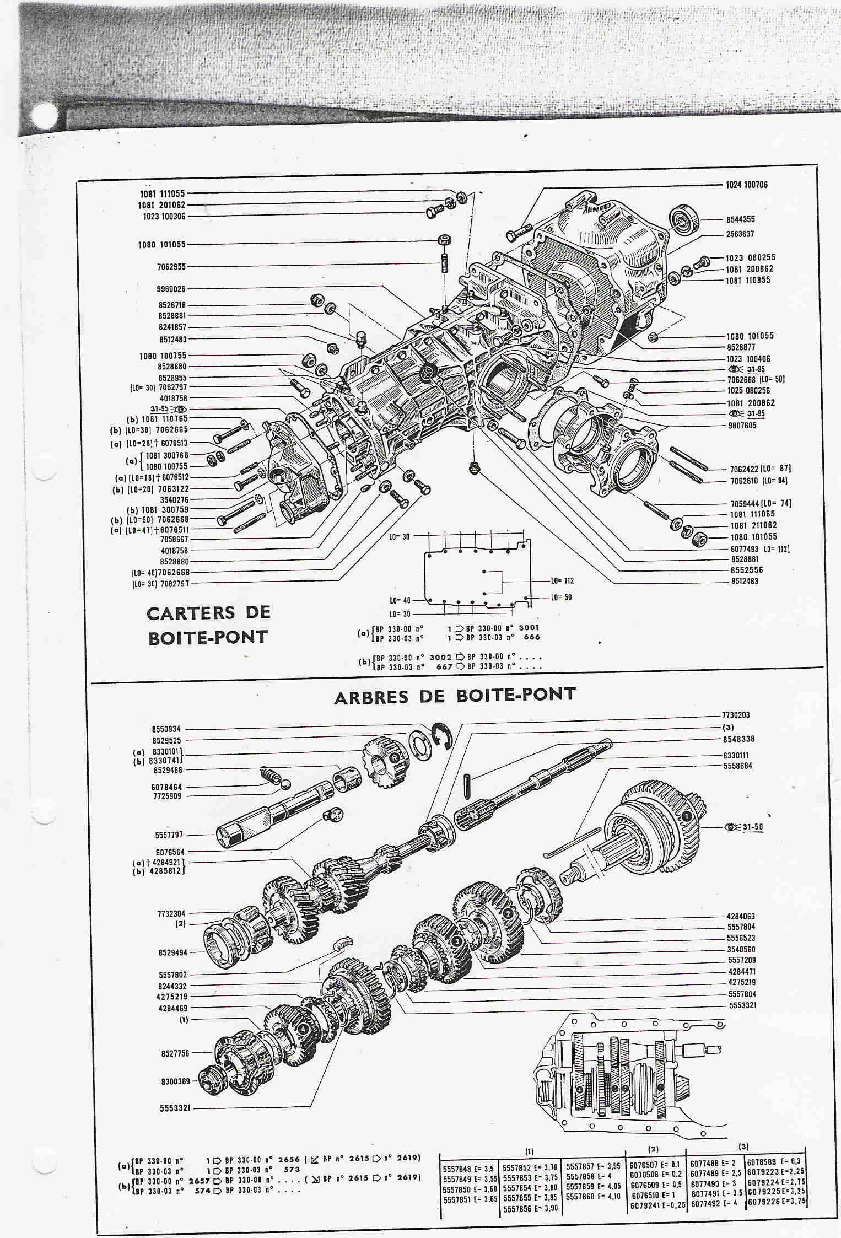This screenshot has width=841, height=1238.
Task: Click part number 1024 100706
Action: pyautogui.click(x=748, y=185)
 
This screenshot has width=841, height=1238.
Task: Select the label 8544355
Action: pyautogui.click(x=740, y=219)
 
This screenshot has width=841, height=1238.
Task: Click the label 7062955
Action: pyautogui.click(x=171, y=267)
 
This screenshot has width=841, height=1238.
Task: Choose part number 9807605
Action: pyautogui.click(x=742, y=426)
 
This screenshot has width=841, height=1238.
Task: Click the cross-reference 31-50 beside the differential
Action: pyautogui.click(x=752, y=827)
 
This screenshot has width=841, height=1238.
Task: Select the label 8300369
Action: pyautogui.click(x=175, y=1082)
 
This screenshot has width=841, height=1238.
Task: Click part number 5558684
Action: pyautogui.click(x=737, y=766)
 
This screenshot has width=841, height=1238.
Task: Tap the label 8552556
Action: pyautogui.click(x=747, y=570)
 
